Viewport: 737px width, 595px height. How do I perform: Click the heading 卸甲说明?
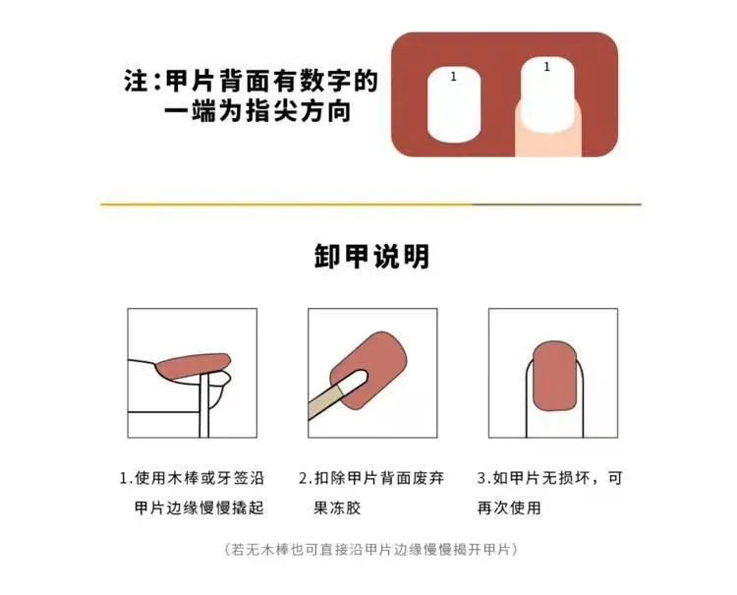pyautogui.click(x=371, y=257)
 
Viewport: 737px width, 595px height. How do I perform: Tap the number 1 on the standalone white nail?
pyautogui.click(x=453, y=77)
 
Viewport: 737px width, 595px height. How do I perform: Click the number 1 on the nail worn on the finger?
pyautogui.click(x=546, y=67)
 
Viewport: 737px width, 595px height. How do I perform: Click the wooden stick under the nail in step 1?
pyautogui.click(x=204, y=405)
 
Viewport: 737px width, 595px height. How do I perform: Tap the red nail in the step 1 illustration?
pyautogui.click(x=194, y=367)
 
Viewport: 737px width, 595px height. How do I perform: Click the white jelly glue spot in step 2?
pyautogui.click(x=353, y=381)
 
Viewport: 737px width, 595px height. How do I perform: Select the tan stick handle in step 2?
pyautogui.click(x=325, y=402)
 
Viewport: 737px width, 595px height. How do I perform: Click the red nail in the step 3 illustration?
pyautogui.click(x=554, y=377)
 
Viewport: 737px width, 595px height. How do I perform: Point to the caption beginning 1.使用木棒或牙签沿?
pyautogui.click(x=192, y=478)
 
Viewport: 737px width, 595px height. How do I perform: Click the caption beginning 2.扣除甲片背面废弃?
pyautogui.click(x=371, y=478)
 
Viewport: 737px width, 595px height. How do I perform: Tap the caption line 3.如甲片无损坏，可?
pyautogui.click(x=550, y=478)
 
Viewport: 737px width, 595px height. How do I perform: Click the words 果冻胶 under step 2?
pyautogui.click(x=337, y=508)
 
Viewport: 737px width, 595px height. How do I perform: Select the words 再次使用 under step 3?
pyautogui.click(x=509, y=508)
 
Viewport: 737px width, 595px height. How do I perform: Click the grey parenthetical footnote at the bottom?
pyautogui.click(x=371, y=550)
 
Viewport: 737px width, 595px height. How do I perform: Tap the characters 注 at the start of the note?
pyautogui.click(x=136, y=81)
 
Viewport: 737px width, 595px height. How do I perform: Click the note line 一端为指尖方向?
pyautogui.click(x=257, y=111)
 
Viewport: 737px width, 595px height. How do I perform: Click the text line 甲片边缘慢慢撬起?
pyautogui.click(x=199, y=508)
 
